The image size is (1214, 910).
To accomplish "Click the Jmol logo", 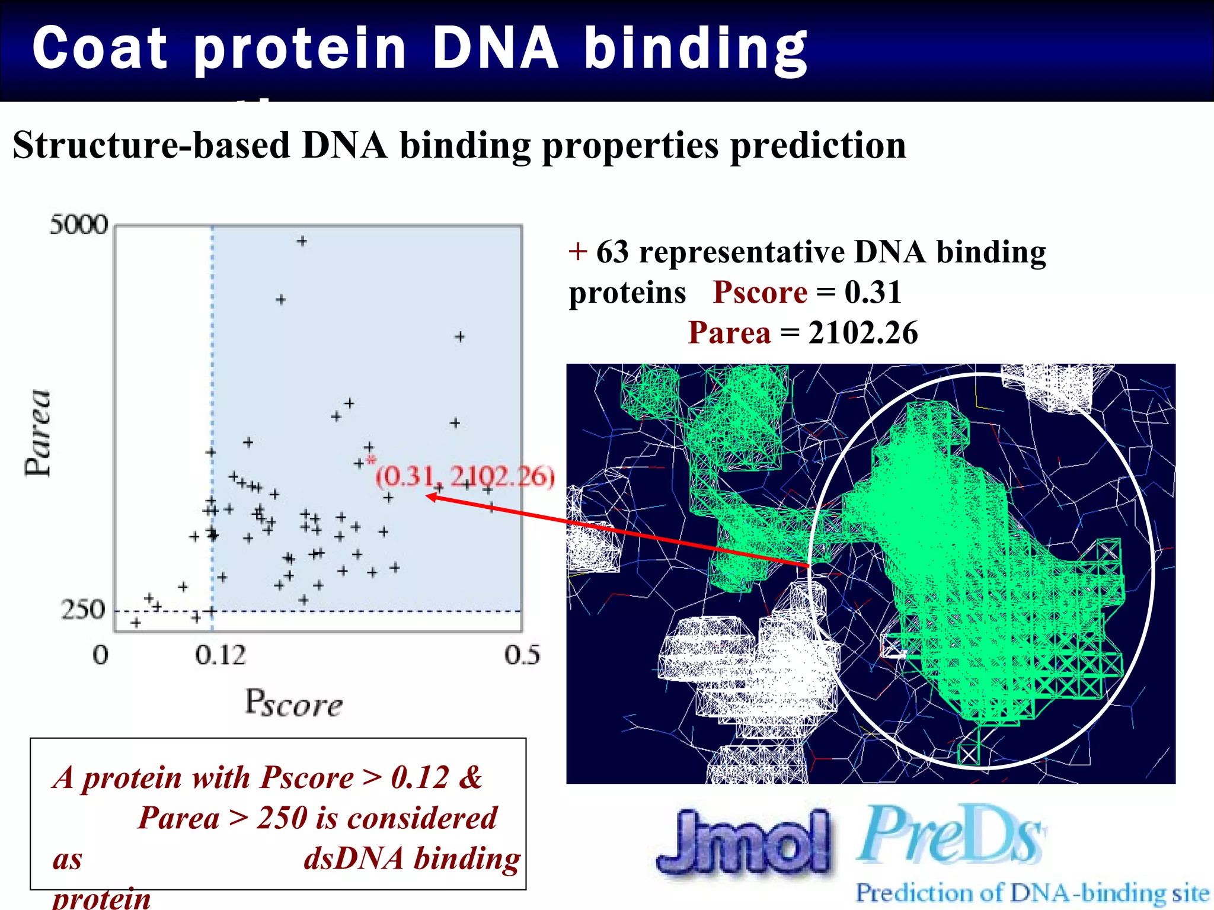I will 745,841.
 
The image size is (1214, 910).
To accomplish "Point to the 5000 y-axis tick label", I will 79,225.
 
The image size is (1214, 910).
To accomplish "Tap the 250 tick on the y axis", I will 82,609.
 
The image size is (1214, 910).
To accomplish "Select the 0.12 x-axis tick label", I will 220,655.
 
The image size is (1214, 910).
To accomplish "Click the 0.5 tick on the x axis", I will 522,655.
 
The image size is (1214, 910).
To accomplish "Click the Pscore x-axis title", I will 294,704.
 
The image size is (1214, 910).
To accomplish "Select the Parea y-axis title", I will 38,433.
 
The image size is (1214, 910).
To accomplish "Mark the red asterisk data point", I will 371,460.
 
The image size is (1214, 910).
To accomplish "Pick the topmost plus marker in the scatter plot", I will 302,241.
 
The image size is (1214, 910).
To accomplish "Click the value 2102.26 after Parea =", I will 863,333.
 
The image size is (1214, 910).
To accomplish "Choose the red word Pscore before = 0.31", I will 760,292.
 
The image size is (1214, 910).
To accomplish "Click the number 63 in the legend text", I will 612,252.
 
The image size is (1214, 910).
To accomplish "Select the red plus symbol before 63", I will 577,252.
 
